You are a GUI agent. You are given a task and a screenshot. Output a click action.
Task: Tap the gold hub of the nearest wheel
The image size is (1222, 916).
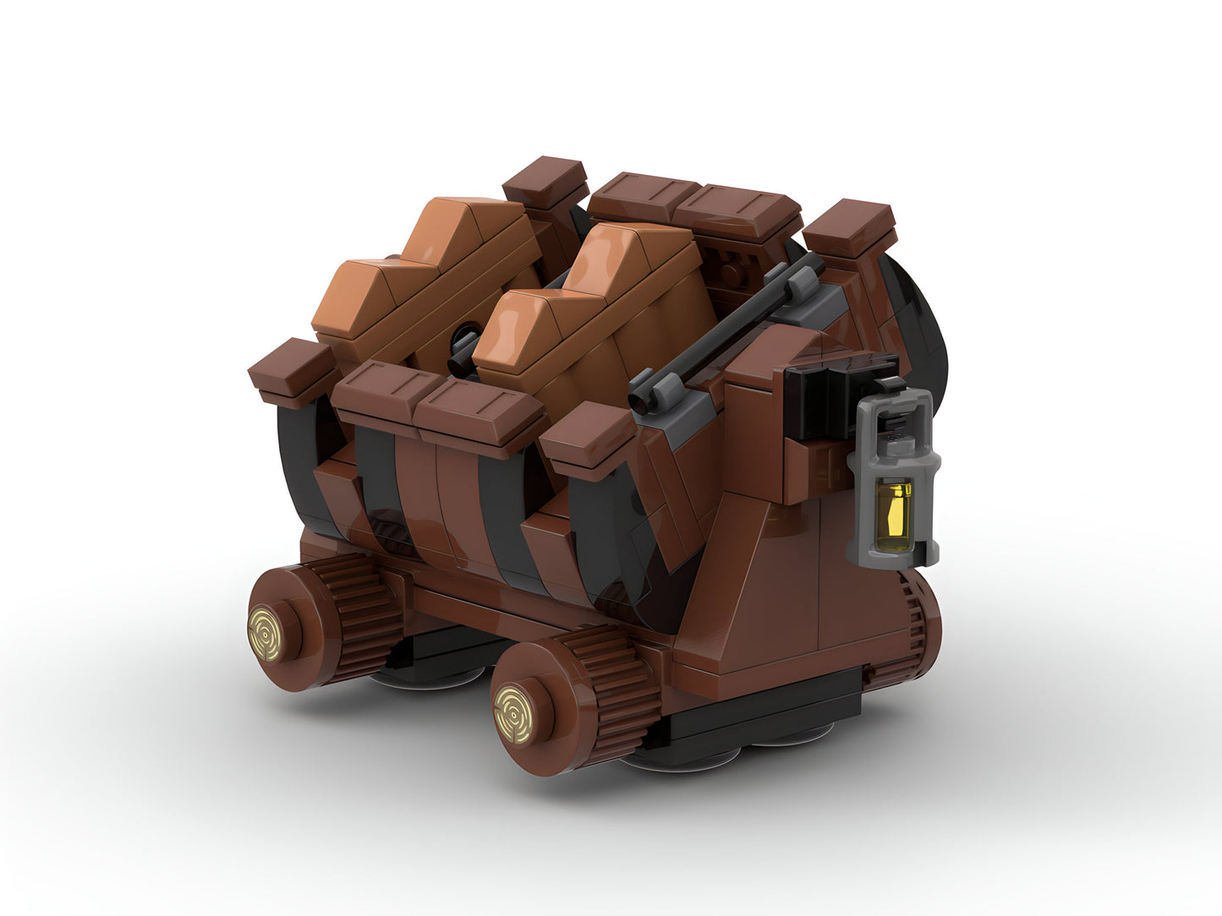(514, 702)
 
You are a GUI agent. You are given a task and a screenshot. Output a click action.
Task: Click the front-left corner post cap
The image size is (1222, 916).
(292, 368)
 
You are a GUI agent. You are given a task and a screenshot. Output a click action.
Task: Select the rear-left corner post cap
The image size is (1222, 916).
(545, 177)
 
